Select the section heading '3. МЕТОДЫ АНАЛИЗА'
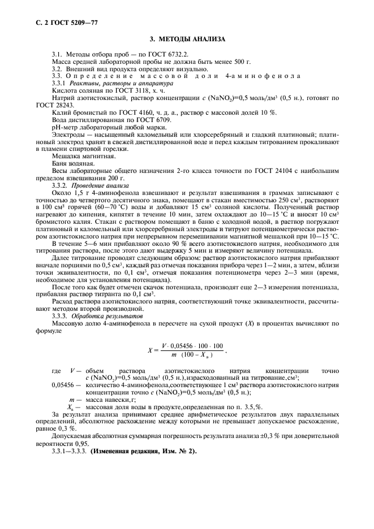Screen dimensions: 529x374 click(187, 39)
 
